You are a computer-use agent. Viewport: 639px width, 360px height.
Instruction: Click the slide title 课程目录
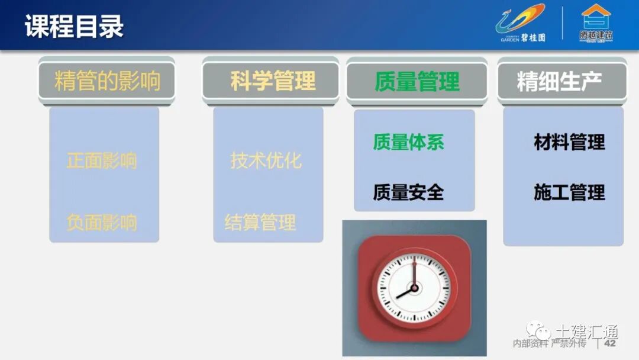74,27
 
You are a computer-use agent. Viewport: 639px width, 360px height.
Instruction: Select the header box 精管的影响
107,81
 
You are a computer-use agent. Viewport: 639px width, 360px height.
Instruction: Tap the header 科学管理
272,81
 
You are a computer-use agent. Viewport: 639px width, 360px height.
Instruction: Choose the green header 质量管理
417,82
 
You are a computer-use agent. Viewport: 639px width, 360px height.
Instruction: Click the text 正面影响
102,160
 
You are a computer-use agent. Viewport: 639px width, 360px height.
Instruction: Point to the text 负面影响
102,223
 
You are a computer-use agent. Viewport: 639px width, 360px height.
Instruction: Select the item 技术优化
266,160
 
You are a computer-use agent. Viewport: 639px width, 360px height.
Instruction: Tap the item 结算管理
260,223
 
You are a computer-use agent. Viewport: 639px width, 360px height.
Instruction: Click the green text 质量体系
408,142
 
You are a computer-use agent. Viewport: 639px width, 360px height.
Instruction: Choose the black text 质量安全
408,192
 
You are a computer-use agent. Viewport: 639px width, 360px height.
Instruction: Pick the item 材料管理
569,142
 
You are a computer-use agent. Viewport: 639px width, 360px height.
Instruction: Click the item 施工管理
569,192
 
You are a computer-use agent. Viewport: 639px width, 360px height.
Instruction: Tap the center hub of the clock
414,288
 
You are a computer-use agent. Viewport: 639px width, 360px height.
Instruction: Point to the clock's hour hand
405,292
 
